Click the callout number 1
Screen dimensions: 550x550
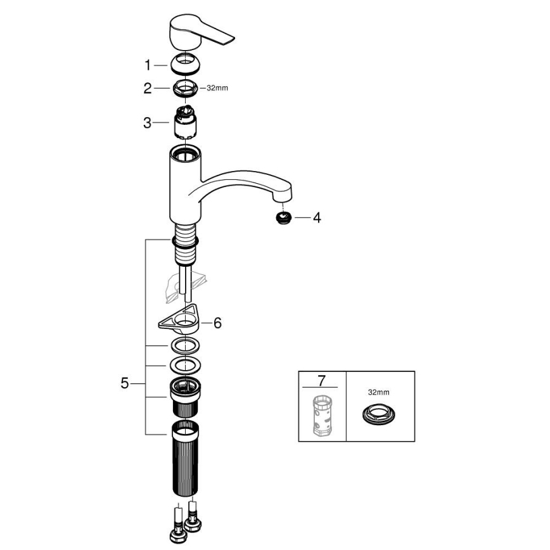(x=148, y=65)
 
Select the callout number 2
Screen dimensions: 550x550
(x=148, y=89)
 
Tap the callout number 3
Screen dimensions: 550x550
(x=148, y=122)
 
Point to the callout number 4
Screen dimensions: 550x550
(x=317, y=218)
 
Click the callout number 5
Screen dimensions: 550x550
(x=125, y=383)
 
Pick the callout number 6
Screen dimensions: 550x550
(x=217, y=323)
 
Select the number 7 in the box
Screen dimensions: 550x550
(x=321, y=381)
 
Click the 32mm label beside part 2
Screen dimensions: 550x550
(x=217, y=88)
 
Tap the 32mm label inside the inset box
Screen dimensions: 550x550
(x=378, y=392)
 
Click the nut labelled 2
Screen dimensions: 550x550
(x=186, y=89)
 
